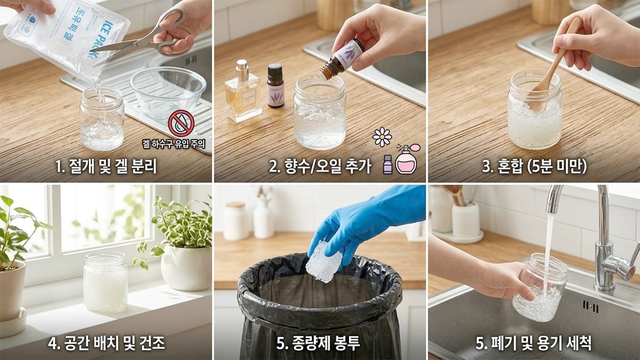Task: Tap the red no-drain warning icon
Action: [181, 123]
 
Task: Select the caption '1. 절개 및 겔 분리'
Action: [106, 166]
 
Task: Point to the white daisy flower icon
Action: [382, 137]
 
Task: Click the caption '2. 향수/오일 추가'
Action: [319, 166]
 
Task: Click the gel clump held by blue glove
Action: [324, 261]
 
